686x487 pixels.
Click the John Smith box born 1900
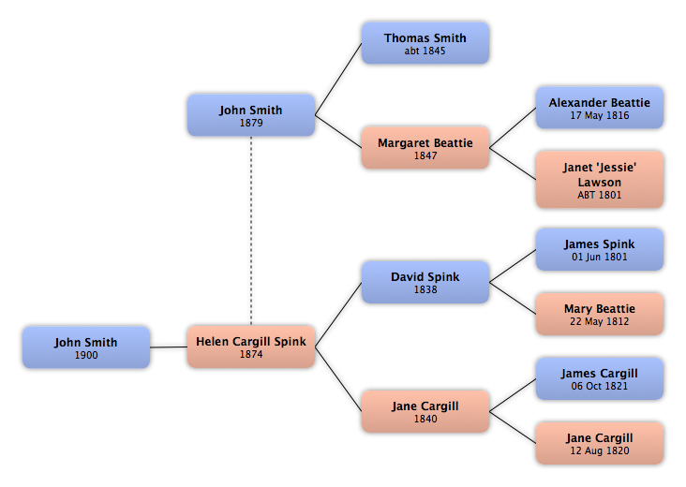(x=86, y=347)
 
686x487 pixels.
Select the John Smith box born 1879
(x=251, y=115)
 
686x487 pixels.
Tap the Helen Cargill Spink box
(x=251, y=347)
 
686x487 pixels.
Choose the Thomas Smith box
(x=425, y=43)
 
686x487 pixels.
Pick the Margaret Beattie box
(x=425, y=148)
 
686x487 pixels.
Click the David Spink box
(x=425, y=282)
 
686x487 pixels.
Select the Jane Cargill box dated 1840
(x=425, y=411)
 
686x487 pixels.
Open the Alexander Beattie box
(x=600, y=108)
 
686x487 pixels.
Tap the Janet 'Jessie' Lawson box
(x=600, y=180)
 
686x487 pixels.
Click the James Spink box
(x=600, y=249)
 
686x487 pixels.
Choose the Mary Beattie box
(x=600, y=314)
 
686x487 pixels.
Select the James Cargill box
(x=600, y=378)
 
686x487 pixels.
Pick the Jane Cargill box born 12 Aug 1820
(x=600, y=443)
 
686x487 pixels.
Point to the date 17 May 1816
(x=600, y=116)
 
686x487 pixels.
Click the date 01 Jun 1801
(x=600, y=258)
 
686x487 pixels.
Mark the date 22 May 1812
(x=600, y=322)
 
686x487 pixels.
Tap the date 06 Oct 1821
(x=600, y=387)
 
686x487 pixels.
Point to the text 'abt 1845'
(x=425, y=52)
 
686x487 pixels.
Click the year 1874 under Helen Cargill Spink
(x=251, y=355)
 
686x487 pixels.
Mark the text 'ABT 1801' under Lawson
(x=600, y=196)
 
